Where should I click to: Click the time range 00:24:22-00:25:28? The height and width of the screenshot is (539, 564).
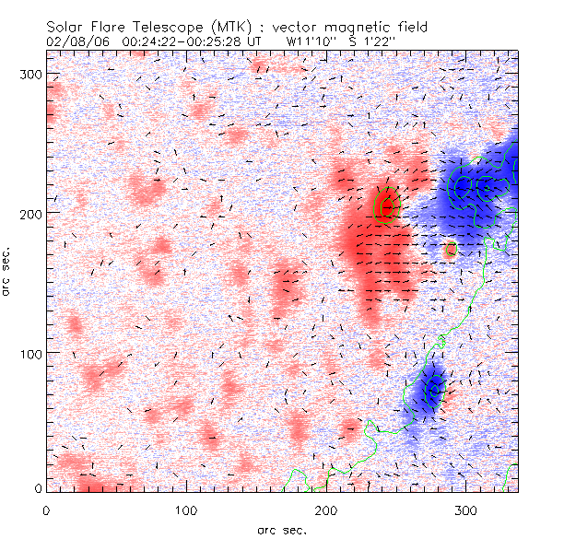point(180,42)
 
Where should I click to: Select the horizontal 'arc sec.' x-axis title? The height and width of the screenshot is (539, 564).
point(283,529)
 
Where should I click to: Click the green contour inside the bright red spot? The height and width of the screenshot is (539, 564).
point(385,205)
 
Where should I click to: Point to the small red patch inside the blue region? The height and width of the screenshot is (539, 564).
point(450,249)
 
